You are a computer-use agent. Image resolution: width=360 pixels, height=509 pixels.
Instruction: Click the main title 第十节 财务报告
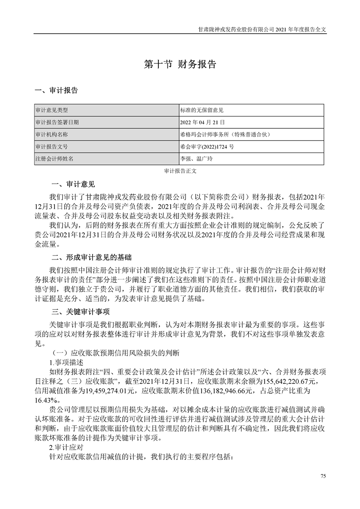coord(180,64)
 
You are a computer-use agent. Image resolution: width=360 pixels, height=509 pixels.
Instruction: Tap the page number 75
coord(323,476)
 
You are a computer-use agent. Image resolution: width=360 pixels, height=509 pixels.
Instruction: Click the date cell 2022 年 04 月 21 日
coord(203,122)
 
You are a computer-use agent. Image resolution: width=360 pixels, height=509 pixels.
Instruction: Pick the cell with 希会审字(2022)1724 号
coord(207,147)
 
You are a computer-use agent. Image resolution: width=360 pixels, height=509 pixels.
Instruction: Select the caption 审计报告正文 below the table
coord(180,171)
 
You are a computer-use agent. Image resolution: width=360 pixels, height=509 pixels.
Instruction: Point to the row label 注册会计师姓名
coord(54,159)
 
